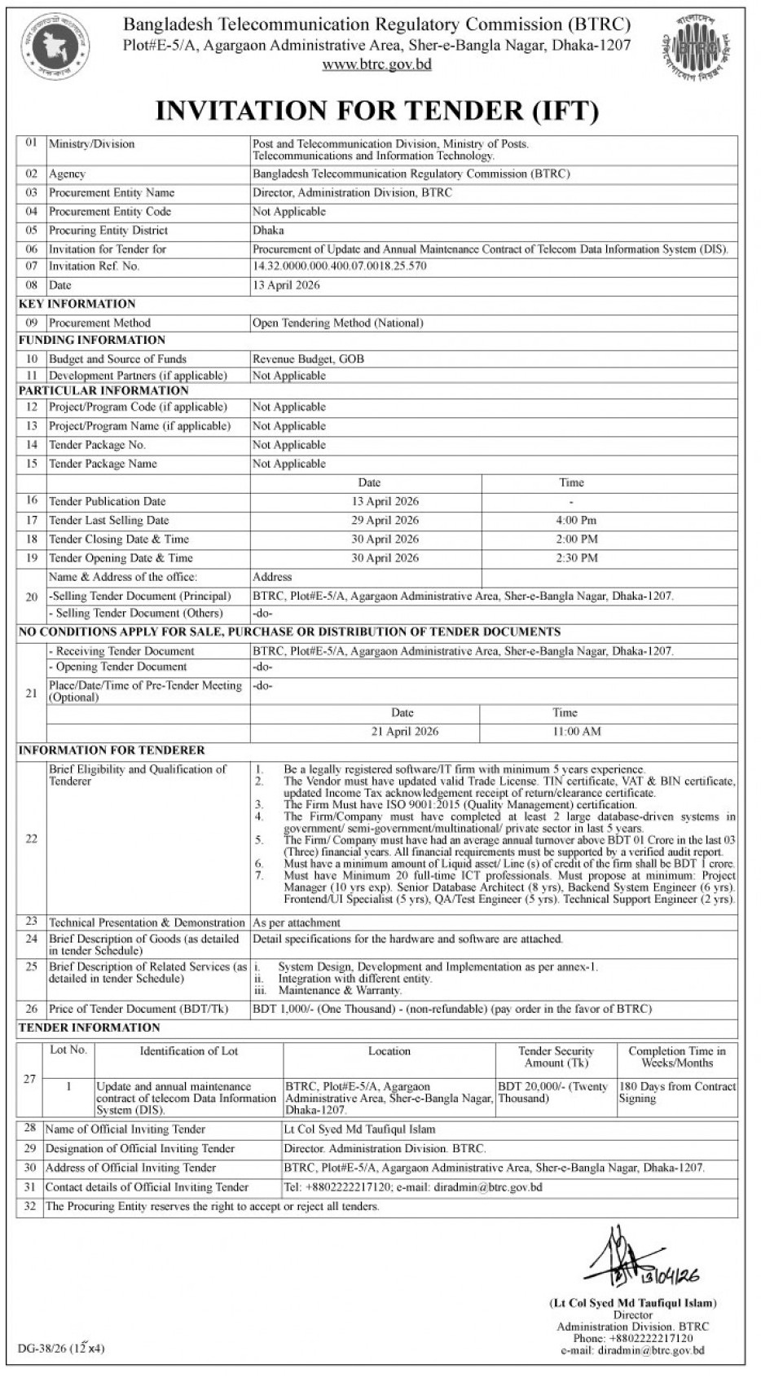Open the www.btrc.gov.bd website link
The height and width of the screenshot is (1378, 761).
click(x=376, y=64)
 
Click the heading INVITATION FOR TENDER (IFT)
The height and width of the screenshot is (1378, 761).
click(x=376, y=110)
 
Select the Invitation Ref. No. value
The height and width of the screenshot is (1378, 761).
click(x=339, y=266)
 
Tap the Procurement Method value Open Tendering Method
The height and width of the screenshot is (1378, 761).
click(x=337, y=323)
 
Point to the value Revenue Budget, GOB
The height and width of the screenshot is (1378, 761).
click(x=308, y=359)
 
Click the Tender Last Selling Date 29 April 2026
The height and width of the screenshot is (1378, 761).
click(x=385, y=520)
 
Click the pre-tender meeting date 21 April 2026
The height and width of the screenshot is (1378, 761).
click(x=404, y=731)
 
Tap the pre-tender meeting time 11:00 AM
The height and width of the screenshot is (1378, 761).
click(x=576, y=731)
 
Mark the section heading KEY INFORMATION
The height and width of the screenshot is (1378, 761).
click(x=77, y=303)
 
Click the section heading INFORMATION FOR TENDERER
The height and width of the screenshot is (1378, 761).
click(x=112, y=750)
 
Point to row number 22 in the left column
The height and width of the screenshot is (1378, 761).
click(x=31, y=838)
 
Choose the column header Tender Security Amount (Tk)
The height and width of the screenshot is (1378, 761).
click(x=556, y=1057)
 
